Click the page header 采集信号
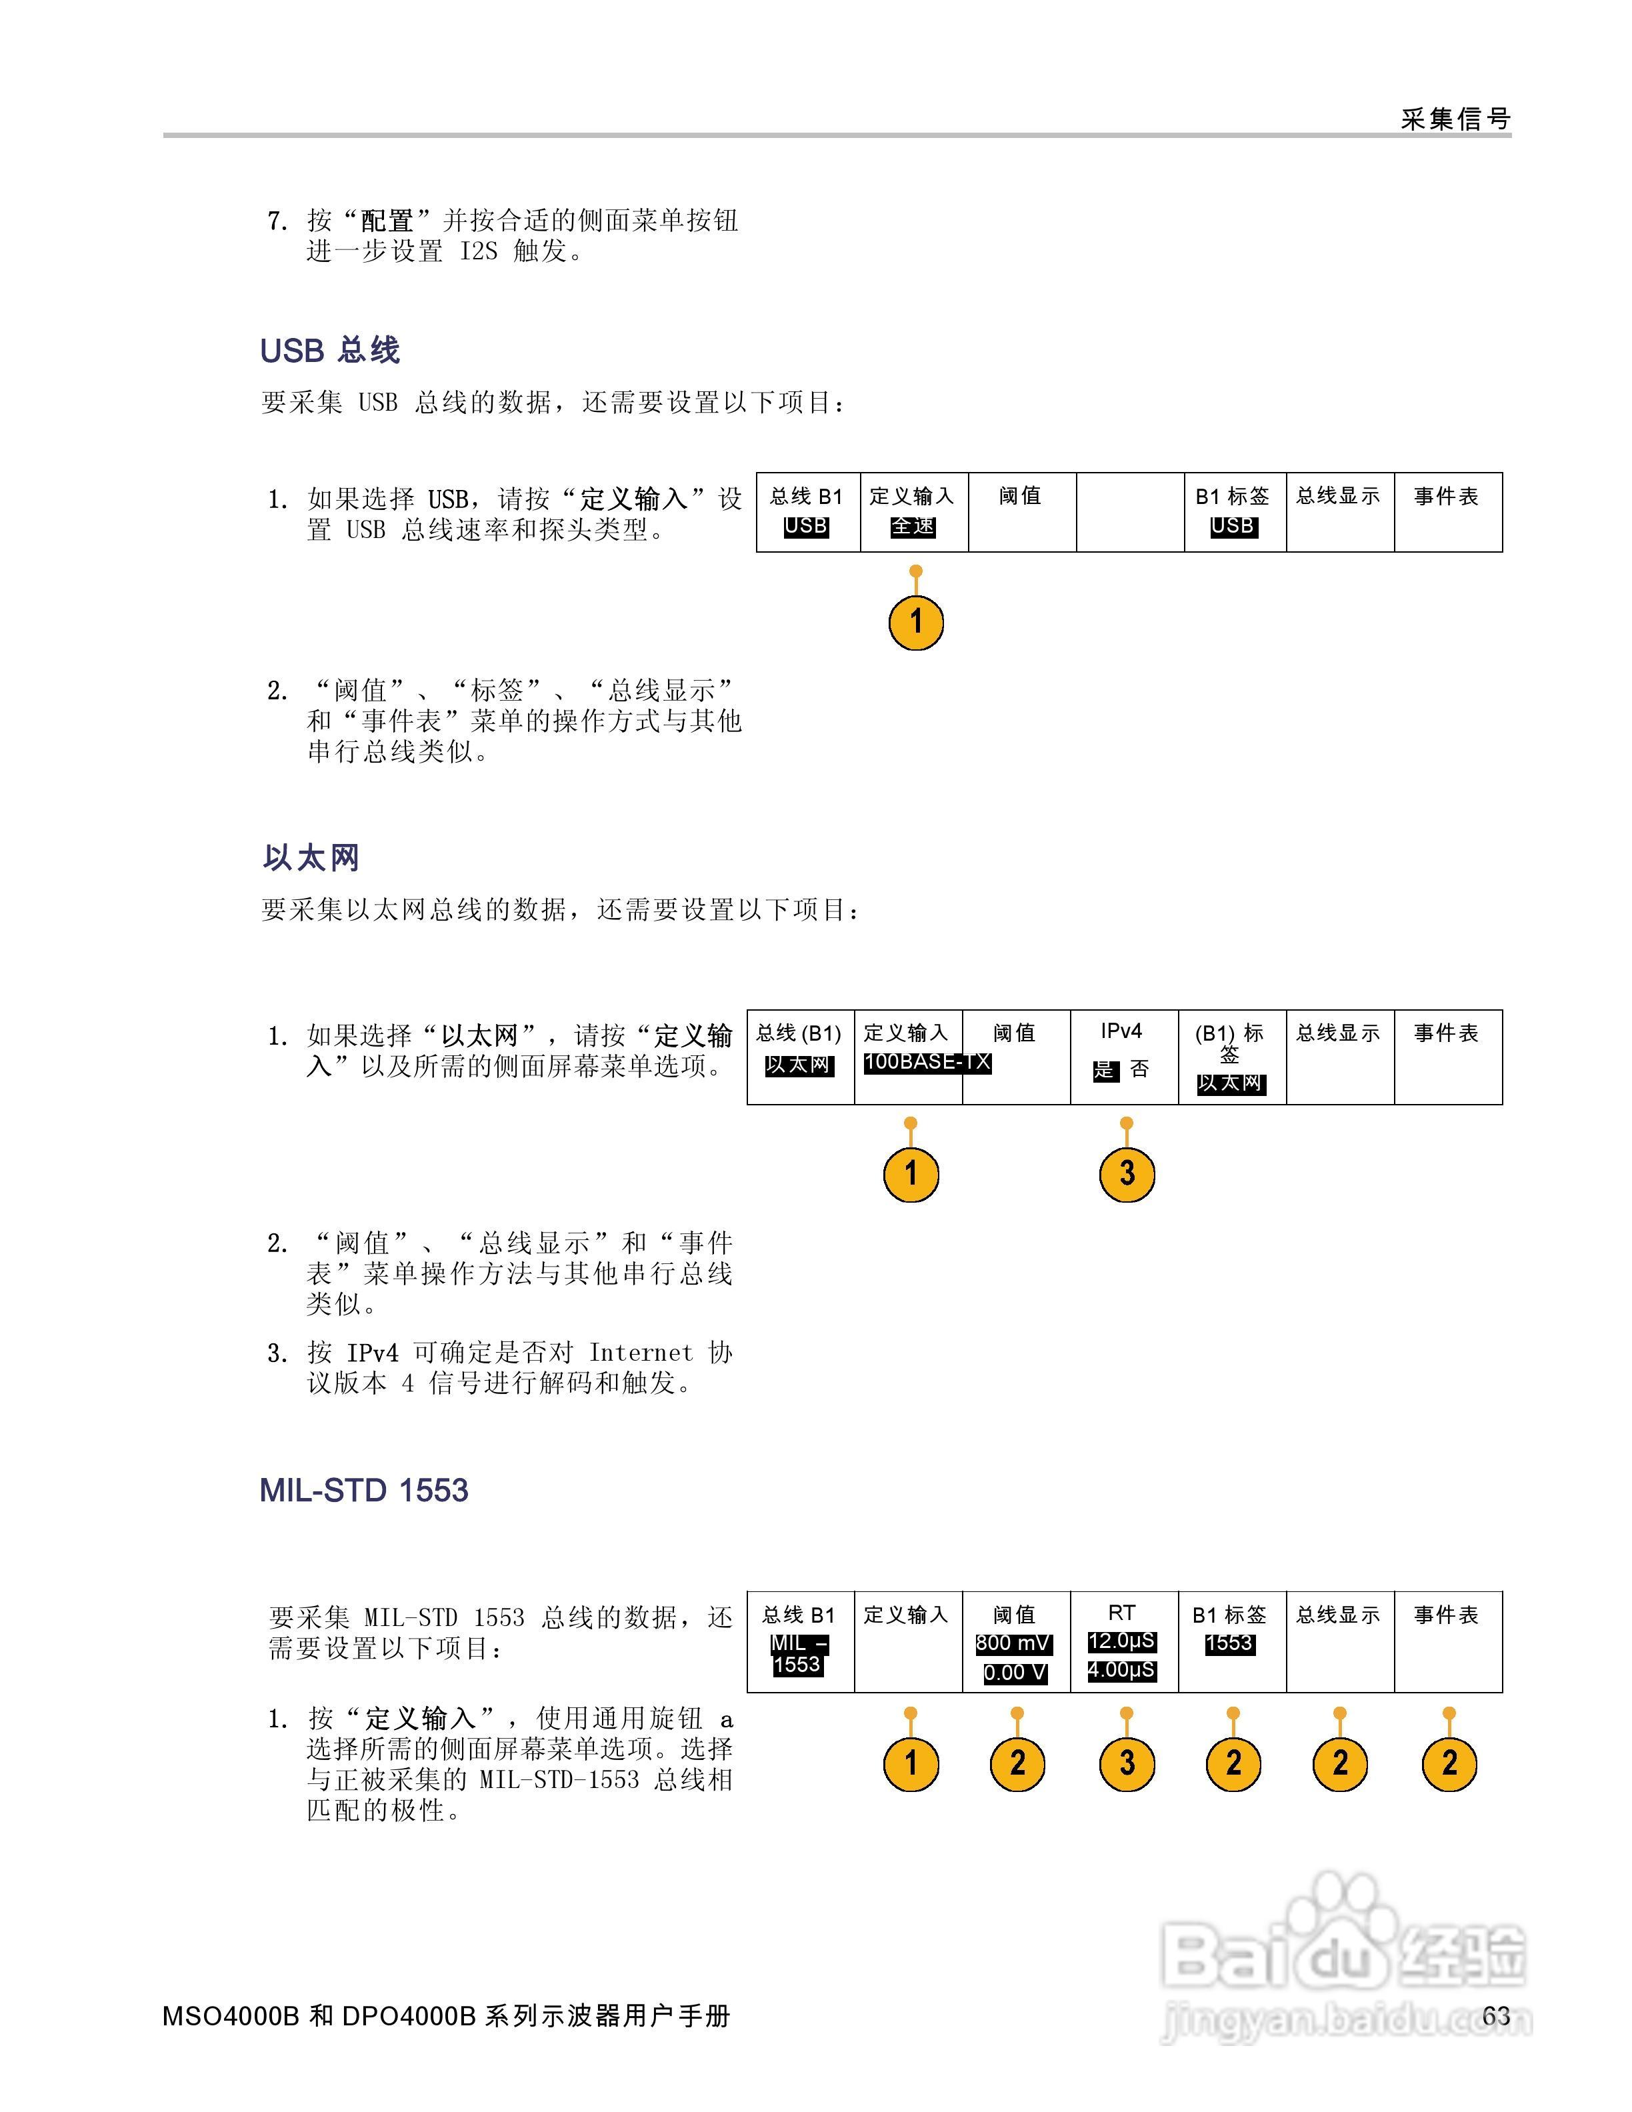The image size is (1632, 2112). coord(1455,119)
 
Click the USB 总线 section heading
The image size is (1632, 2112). coord(330,350)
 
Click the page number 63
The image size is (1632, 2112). coord(1496,2015)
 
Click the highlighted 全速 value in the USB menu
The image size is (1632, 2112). coord(913,526)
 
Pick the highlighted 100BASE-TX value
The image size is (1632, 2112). coord(926,1062)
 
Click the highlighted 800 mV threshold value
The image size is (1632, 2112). coord(1013,1643)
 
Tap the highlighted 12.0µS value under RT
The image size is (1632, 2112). coord(1121,1641)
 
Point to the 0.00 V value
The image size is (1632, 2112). coord(1014,1672)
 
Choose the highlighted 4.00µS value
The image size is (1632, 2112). coord(1121,1670)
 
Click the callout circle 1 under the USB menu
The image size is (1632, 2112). coord(915,622)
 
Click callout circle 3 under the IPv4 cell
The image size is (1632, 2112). coord(1127,1174)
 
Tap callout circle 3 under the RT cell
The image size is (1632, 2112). coord(1127,1763)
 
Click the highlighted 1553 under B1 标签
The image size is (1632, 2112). coord(1230,1643)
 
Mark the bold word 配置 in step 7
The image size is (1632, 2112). coord(387,221)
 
